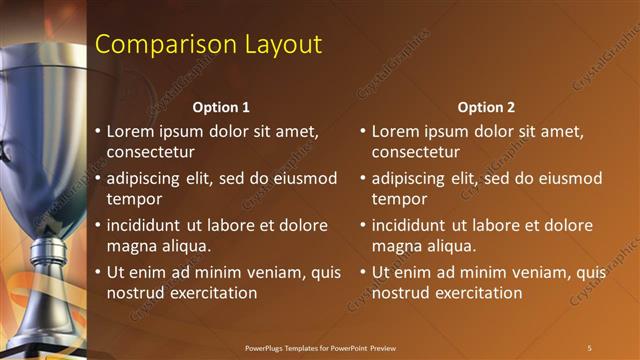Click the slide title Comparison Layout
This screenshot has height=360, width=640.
coord(208,45)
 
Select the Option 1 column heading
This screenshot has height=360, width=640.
coord(220,107)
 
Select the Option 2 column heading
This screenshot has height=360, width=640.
coord(487,107)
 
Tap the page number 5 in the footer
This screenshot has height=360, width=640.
coord(589,347)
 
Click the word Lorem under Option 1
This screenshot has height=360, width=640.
coord(131,130)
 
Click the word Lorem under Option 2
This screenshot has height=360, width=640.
coord(396,130)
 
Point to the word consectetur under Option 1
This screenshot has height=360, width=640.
coord(151,152)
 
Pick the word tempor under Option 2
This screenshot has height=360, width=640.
coord(399,198)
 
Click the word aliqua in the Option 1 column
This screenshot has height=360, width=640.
coord(186,245)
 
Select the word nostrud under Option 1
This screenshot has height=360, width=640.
coord(136,292)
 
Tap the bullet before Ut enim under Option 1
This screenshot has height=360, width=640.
coord(98,272)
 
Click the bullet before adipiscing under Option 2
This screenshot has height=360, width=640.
coord(363,178)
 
